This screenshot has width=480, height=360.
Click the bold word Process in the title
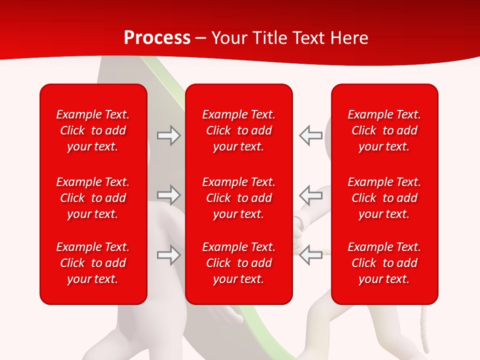pyautogui.click(x=157, y=37)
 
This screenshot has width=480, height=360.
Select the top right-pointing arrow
pyautogui.click(x=169, y=135)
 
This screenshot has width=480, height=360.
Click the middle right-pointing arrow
pyautogui.click(x=169, y=195)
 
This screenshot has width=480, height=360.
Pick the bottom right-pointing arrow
pyautogui.click(x=169, y=255)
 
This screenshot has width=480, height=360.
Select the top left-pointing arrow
pyautogui.click(x=310, y=135)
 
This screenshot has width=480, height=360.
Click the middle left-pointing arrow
pyautogui.click(x=310, y=195)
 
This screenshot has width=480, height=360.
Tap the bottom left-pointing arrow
pyautogui.click(x=310, y=255)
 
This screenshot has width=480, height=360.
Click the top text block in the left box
pyautogui.click(x=93, y=130)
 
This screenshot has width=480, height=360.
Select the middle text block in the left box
pyautogui.click(x=93, y=198)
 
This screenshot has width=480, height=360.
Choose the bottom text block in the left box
pyautogui.click(x=93, y=263)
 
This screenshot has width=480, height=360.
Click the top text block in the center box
pyautogui.click(x=238, y=130)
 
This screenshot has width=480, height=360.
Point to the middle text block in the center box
pyautogui.click(x=238, y=198)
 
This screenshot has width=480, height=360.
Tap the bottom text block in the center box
pyautogui.click(x=238, y=263)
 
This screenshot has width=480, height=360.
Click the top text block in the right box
pyautogui.click(x=384, y=130)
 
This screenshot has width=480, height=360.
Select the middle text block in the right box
pyautogui.click(x=384, y=198)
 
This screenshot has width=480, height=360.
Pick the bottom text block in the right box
pyautogui.click(x=384, y=263)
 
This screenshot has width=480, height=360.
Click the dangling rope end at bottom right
pyautogui.click(x=425, y=330)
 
